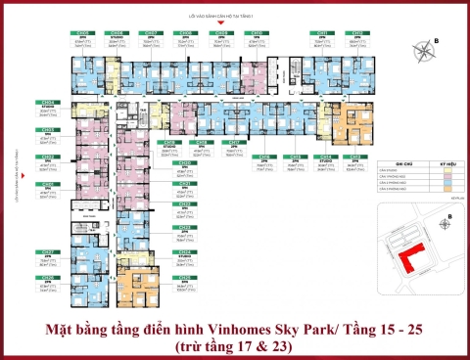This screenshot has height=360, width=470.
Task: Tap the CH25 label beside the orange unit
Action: (x=183, y=278)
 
